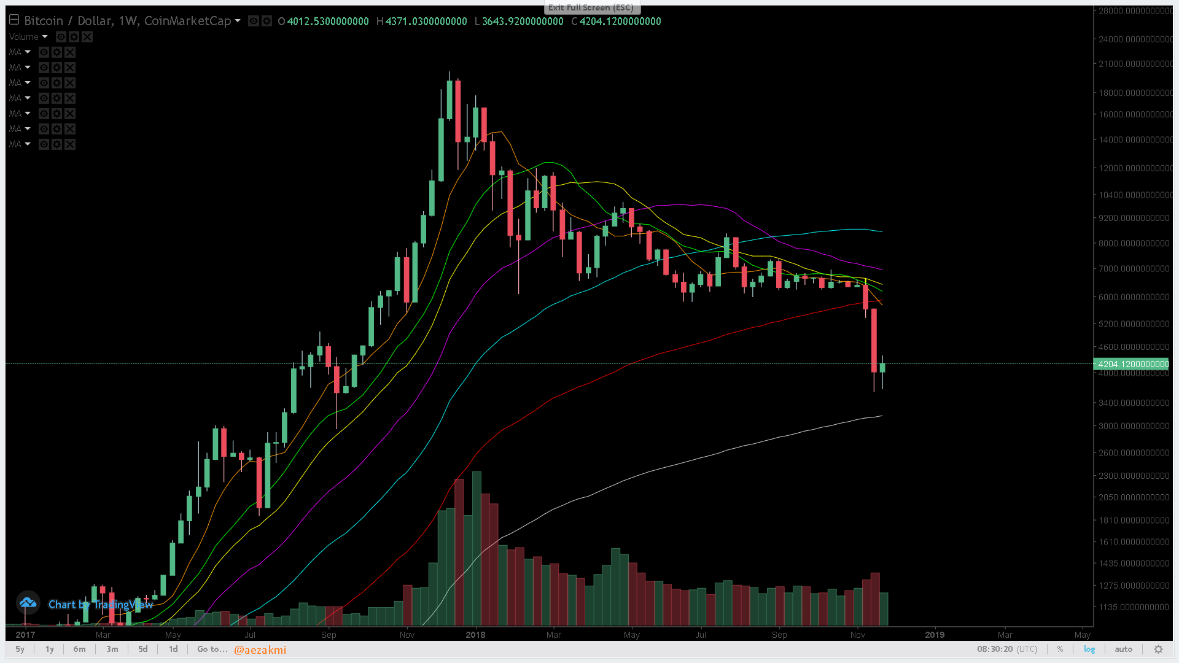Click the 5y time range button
(20, 649)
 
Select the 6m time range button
(79, 649)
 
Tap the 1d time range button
(173, 649)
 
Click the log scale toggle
(1089, 649)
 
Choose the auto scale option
(1123, 649)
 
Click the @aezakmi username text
(260, 649)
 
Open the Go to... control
(212, 649)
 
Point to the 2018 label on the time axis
(475, 635)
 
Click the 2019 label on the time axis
(935, 635)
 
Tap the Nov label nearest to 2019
(857, 635)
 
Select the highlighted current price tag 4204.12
(1133, 364)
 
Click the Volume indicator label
(24, 37)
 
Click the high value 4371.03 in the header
(426, 21)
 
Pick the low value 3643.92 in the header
(522, 21)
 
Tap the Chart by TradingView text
(100, 605)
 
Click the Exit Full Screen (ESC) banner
(591, 7)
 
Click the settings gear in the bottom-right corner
(1158, 649)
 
